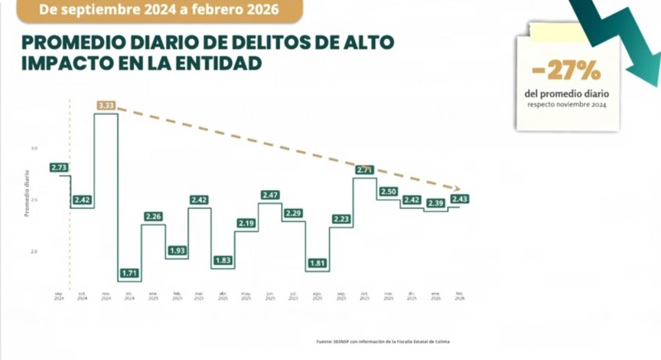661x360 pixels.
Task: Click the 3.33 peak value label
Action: point(106,105)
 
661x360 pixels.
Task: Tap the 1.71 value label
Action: point(129,272)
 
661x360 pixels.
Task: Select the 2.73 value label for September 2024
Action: point(59,167)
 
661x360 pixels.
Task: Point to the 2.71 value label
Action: point(364,170)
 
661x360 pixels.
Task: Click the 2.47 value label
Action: point(269,195)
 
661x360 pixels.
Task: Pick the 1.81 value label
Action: point(316,263)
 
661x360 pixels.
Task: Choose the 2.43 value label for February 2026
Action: point(459,199)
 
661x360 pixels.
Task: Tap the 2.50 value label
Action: point(388,192)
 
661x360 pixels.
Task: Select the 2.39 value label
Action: point(435,202)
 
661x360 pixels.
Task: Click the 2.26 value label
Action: point(153,216)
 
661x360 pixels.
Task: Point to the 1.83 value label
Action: point(223,260)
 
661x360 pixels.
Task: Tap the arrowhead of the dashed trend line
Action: point(459,188)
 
